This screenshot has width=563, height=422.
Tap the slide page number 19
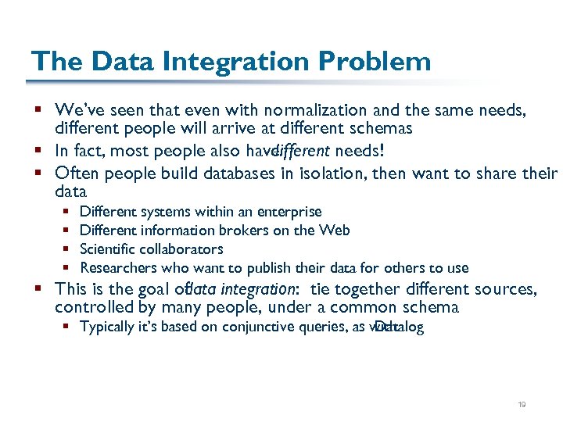pyautogui.click(x=522, y=405)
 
